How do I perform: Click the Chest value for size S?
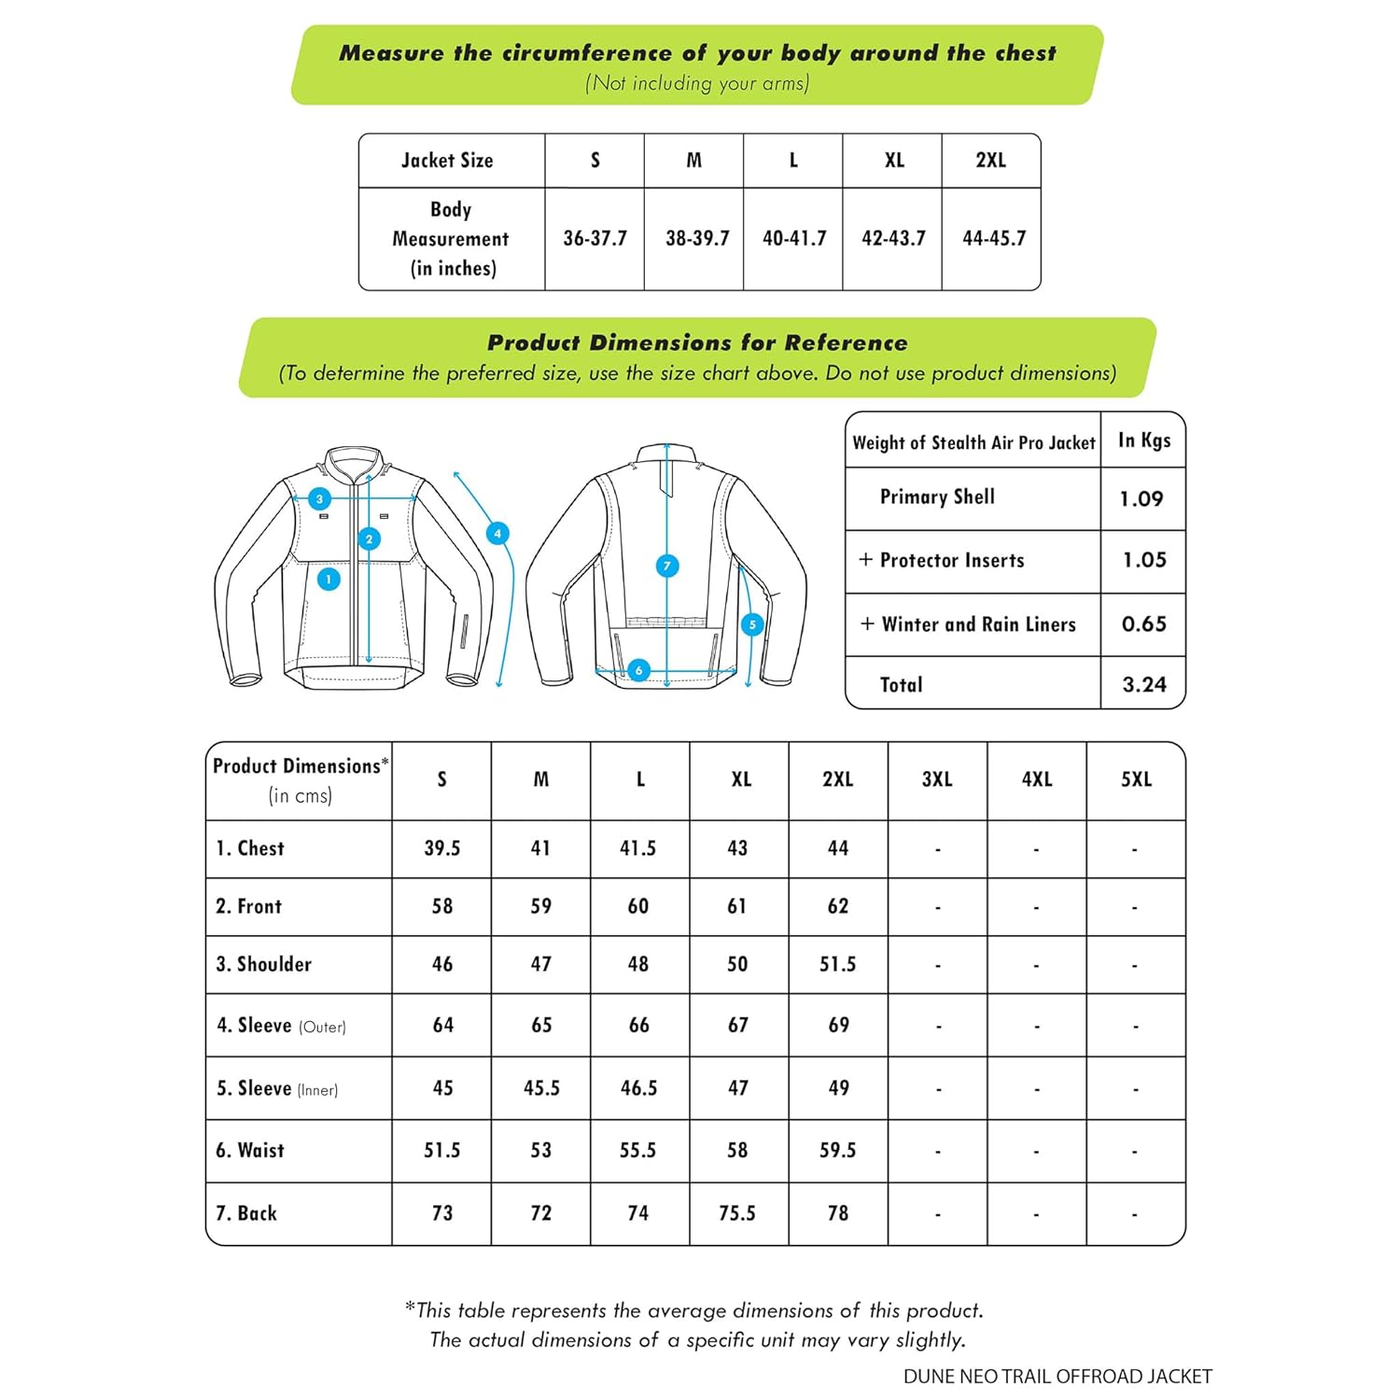442,848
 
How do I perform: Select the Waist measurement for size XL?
737,1151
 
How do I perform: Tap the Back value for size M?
541,1213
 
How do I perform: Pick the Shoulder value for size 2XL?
837,964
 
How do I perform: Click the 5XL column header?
1136,780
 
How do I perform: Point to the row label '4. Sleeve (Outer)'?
281,1026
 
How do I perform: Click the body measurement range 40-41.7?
794,239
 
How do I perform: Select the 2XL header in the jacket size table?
991,161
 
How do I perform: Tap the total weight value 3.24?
1144,685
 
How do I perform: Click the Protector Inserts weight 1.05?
1144,560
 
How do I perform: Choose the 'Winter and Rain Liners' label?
978,624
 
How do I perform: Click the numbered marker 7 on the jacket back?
667,566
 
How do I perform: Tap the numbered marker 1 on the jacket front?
329,580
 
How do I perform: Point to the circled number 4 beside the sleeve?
497,534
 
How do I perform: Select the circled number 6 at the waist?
638,670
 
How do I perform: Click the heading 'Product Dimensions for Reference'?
697,343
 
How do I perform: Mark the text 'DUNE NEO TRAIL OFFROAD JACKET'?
1057,1377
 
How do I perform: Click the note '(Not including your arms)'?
697,83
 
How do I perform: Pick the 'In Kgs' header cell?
1144,441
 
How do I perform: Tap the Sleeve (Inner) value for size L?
639,1088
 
